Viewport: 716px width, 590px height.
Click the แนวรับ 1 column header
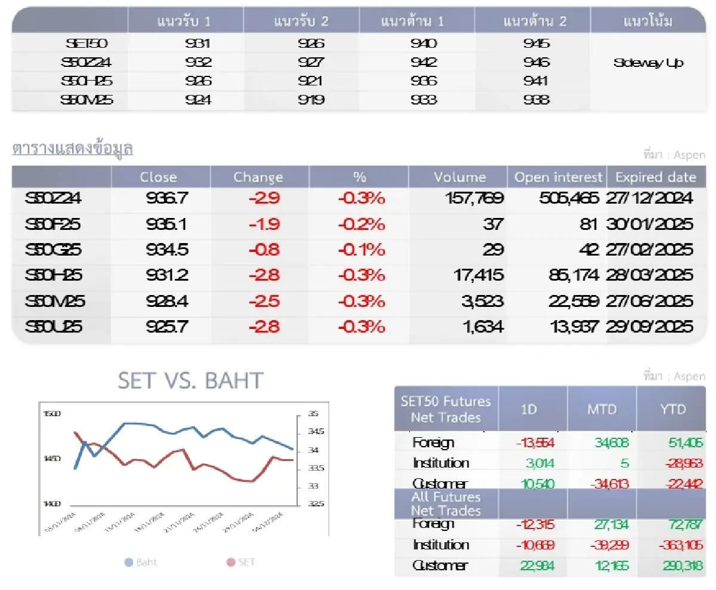pyautogui.click(x=184, y=22)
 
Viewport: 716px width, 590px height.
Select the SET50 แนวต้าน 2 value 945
pyautogui.click(x=536, y=44)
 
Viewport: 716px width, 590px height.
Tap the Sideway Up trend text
pyautogui.click(x=648, y=63)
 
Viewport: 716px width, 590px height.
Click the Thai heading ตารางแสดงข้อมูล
pyautogui.click(x=72, y=149)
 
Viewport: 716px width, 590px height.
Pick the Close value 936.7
pyautogui.click(x=167, y=198)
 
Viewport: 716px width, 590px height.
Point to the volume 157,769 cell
pyautogui.click(x=474, y=198)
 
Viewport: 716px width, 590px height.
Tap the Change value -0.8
pyautogui.click(x=264, y=250)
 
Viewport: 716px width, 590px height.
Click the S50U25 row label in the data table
pyautogui.click(x=53, y=327)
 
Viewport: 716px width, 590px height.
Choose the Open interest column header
pyautogui.click(x=558, y=177)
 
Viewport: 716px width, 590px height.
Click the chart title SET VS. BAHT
pyautogui.click(x=190, y=380)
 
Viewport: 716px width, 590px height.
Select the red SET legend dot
pyautogui.click(x=231, y=562)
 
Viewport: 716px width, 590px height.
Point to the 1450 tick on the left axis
pyautogui.click(x=52, y=459)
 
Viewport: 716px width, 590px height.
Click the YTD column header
pyautogui.click(x=673, y=410)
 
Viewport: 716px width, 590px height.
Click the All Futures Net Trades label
pyautogui.click(x=446, y=504)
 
